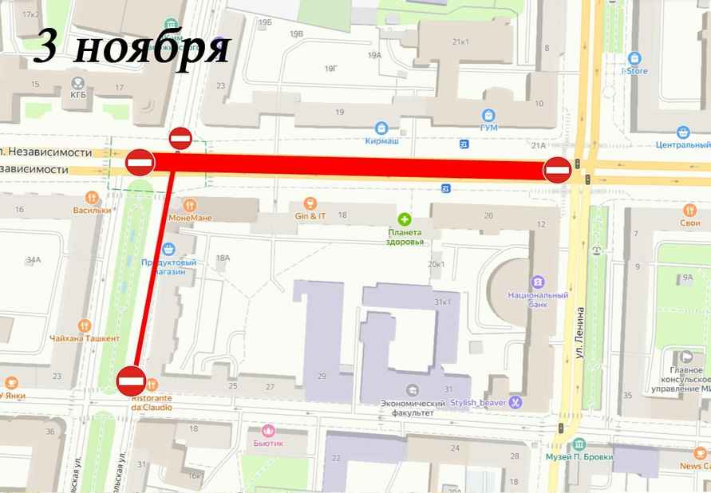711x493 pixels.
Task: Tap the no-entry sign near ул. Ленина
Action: [557, 170]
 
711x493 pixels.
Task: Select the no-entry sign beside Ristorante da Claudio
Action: [130, 381]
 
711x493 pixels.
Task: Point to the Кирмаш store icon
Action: [381, 128]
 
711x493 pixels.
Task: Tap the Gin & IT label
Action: [310, 216]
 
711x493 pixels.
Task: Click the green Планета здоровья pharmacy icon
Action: [405, 219]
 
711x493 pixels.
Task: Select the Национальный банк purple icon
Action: [538, 282]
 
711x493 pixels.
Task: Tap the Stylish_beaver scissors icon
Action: [516, 403]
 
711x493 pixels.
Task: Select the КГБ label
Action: [78, 93]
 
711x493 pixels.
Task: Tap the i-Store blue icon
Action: [634, 58]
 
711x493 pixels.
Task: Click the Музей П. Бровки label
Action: [579, 456]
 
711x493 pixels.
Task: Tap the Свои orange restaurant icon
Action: [689, 210]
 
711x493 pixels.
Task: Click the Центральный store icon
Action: [683, 132]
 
